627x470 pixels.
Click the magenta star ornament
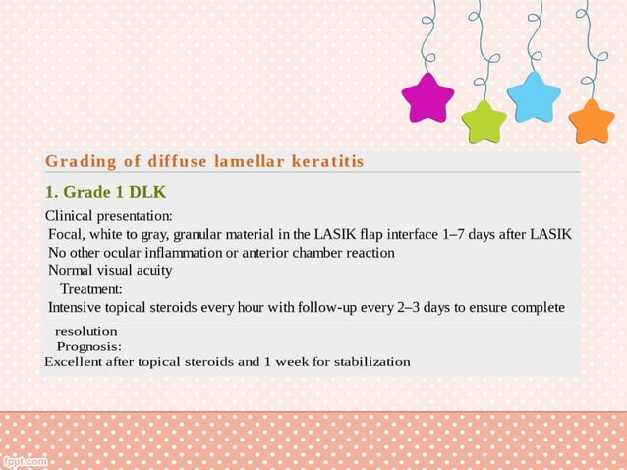coord(427,99)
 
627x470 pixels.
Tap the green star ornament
coord(484,121)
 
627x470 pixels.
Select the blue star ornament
coord(534,97)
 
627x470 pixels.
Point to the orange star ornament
coord(591,120)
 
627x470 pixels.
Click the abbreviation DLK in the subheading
coord(146,192)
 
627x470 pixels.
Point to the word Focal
coord(67,234)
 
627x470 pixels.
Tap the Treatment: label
coord(91,289)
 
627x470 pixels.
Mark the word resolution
coord(85,332)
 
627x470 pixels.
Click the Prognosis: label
coord(89,346)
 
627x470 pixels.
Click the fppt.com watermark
coord(25,460)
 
